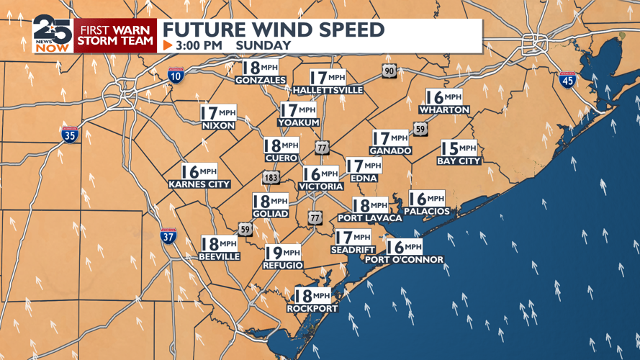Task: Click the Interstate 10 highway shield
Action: [175, 74]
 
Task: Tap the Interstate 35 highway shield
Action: [69, 134]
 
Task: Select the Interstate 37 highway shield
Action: [168, 235]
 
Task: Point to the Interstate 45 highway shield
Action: [567, 80]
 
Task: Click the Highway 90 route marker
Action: [389, 71]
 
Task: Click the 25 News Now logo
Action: [52, 35]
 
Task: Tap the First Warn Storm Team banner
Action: [115, 35]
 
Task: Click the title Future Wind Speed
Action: [274, 30]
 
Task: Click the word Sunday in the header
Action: [265, 45]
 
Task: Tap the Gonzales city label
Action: [260, 80]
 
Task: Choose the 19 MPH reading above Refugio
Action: [283, 252]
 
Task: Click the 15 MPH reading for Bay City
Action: [458, 148]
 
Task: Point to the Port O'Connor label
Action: [404, 259]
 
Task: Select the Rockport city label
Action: [312, 308]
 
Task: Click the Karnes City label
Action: [199, 184]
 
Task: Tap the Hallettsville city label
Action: [328, 90]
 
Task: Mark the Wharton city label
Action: [444, 109]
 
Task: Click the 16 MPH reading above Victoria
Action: [320, 174]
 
